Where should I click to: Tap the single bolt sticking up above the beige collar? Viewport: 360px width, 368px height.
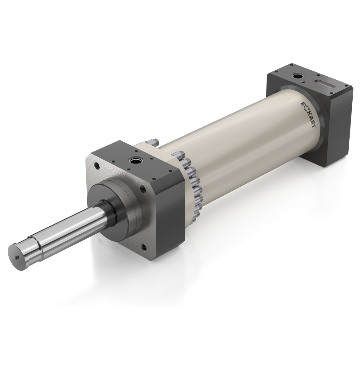(153, 142)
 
